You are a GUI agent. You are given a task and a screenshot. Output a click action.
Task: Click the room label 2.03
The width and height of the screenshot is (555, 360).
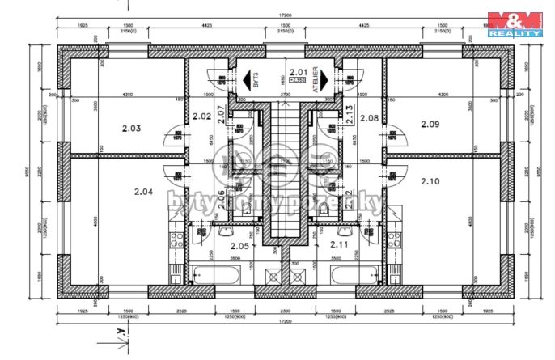pyautogui.click(x=131, y=128)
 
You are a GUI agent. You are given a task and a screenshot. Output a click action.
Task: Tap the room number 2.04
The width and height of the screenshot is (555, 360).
pyautogui.click(x=142, y=192)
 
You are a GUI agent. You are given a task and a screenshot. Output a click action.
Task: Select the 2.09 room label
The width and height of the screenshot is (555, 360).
pyautogui.click(x=430, y=124)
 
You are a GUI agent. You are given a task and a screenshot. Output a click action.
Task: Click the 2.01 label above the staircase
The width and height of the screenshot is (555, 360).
pyautogui.click(x=298, y=72)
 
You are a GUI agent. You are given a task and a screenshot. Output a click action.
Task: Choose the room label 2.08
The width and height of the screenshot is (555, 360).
pyautogui.click(x=369, y=118)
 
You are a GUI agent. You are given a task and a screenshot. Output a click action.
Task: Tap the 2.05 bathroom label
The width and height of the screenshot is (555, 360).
pyautogui.click(x=239, y=245)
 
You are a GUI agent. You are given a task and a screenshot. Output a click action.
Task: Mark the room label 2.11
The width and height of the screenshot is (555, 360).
pyautogui.click(x=338, y=244)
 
